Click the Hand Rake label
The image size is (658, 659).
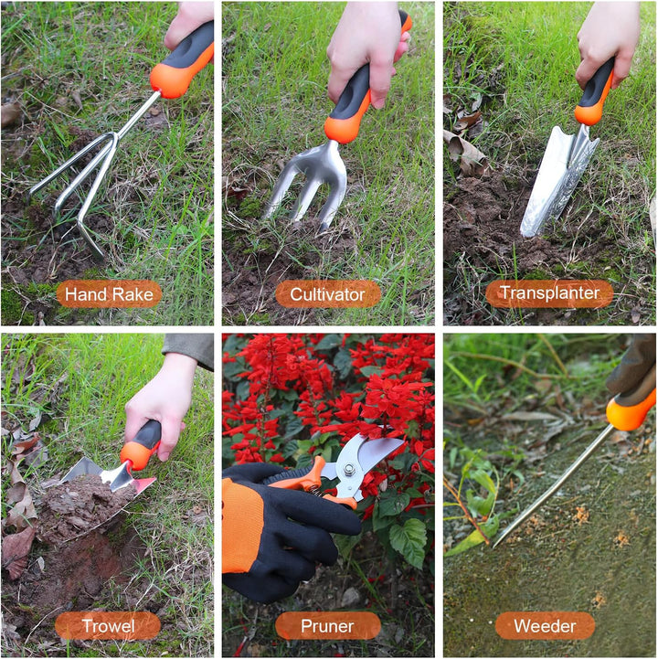[109, 294]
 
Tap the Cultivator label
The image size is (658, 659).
[328, 294]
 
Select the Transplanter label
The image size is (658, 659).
[549, 293]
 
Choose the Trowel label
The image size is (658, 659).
[108, 626]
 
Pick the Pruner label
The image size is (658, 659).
[328, 626]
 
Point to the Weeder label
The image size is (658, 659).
[545, 626]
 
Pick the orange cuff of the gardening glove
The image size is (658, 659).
[242, 526]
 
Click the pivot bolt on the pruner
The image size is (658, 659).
[348, 470]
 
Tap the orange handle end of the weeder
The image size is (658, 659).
[631, 411]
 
